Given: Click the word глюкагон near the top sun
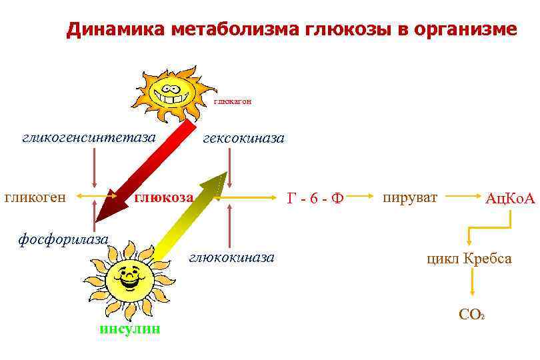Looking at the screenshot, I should point(232,102).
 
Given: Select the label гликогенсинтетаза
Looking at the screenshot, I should point(89,137).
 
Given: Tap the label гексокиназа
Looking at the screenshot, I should point(243,138).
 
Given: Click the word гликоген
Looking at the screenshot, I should point(35,197).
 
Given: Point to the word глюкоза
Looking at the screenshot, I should point(164,197).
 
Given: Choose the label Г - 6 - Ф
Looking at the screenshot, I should point(315,198).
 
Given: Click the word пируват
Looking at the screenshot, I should point(409,197).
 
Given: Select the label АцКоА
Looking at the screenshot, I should point(510,198).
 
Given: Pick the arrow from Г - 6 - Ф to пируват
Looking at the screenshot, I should point(360,197).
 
